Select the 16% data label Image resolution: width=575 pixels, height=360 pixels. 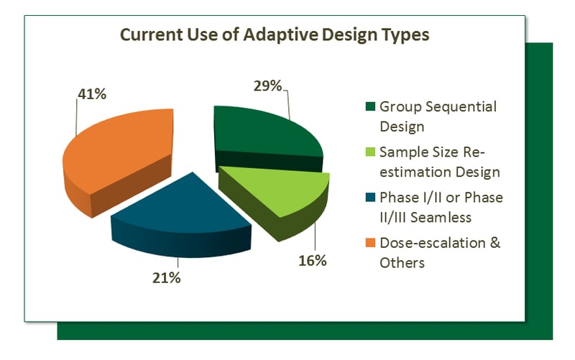point(313,260)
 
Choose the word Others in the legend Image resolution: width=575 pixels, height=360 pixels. point(402,262)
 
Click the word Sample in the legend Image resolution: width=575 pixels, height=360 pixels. point(403,152)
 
